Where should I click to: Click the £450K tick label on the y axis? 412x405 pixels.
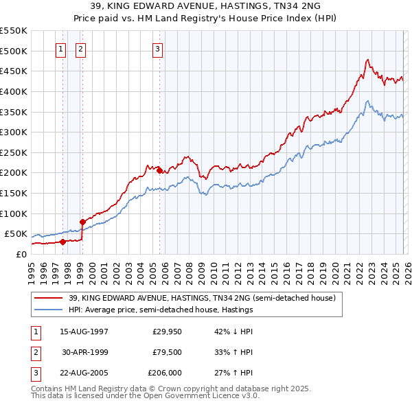click(14, 71)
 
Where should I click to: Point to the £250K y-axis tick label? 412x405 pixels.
click(14, 152)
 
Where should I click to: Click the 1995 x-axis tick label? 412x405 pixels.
click(32, 268)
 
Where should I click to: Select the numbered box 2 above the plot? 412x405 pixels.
click(81, 49)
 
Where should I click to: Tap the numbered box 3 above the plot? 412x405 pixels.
click(158, 49)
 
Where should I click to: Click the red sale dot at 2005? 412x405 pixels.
click(160, 170)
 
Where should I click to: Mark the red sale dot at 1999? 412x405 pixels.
click(82, 222)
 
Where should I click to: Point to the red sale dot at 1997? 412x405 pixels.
click(62, 242)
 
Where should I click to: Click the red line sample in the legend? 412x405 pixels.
click(49, 298)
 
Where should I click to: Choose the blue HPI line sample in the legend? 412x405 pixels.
click(49, 310)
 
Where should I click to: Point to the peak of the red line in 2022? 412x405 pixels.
click(368, 60)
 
